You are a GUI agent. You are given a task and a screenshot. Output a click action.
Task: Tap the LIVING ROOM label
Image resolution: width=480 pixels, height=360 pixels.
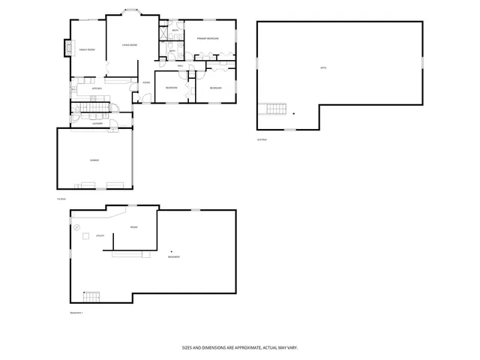click(x=130, y=46)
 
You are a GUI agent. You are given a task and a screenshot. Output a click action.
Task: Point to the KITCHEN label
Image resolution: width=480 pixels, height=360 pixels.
click(x=97, y=88)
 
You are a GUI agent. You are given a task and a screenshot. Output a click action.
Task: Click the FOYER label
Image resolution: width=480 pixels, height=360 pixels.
click(x=147, y=82)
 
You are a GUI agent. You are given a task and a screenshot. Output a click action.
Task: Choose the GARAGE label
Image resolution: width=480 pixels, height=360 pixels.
click(x=95, y=160)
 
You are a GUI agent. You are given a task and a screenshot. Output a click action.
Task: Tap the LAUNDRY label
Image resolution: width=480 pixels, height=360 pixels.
click(x=97, y=123)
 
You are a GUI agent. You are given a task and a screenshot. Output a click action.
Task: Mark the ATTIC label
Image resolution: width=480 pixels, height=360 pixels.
click(x=323, y=68)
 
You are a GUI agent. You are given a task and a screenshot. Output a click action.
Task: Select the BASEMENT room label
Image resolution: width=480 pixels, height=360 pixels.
click(x=173, y=257)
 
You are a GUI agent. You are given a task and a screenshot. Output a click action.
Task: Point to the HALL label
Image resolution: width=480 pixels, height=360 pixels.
click(x=181, y=67)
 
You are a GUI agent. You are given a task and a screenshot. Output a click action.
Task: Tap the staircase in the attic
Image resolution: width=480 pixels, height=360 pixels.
click(x=277, y=111)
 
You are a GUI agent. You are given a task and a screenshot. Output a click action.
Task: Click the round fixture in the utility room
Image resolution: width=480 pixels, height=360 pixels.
click(x=76, y=226)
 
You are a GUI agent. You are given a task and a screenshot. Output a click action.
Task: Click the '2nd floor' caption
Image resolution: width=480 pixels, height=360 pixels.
click(x=262, y=139)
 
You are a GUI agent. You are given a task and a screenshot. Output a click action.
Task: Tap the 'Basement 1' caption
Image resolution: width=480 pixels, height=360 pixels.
click(x=76, y=313)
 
